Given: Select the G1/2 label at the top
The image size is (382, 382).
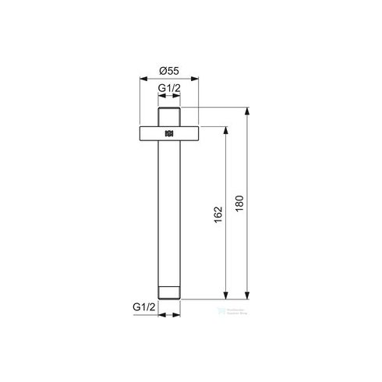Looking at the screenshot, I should tap(169, 90).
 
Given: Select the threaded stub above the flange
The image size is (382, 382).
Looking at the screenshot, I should tap(169, 115).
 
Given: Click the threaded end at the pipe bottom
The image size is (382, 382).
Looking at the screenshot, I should tap(169, 294).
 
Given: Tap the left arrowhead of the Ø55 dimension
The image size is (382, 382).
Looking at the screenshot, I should tap(143, 78).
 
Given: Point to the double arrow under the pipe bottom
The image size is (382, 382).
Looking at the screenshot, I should tap(169, 316).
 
